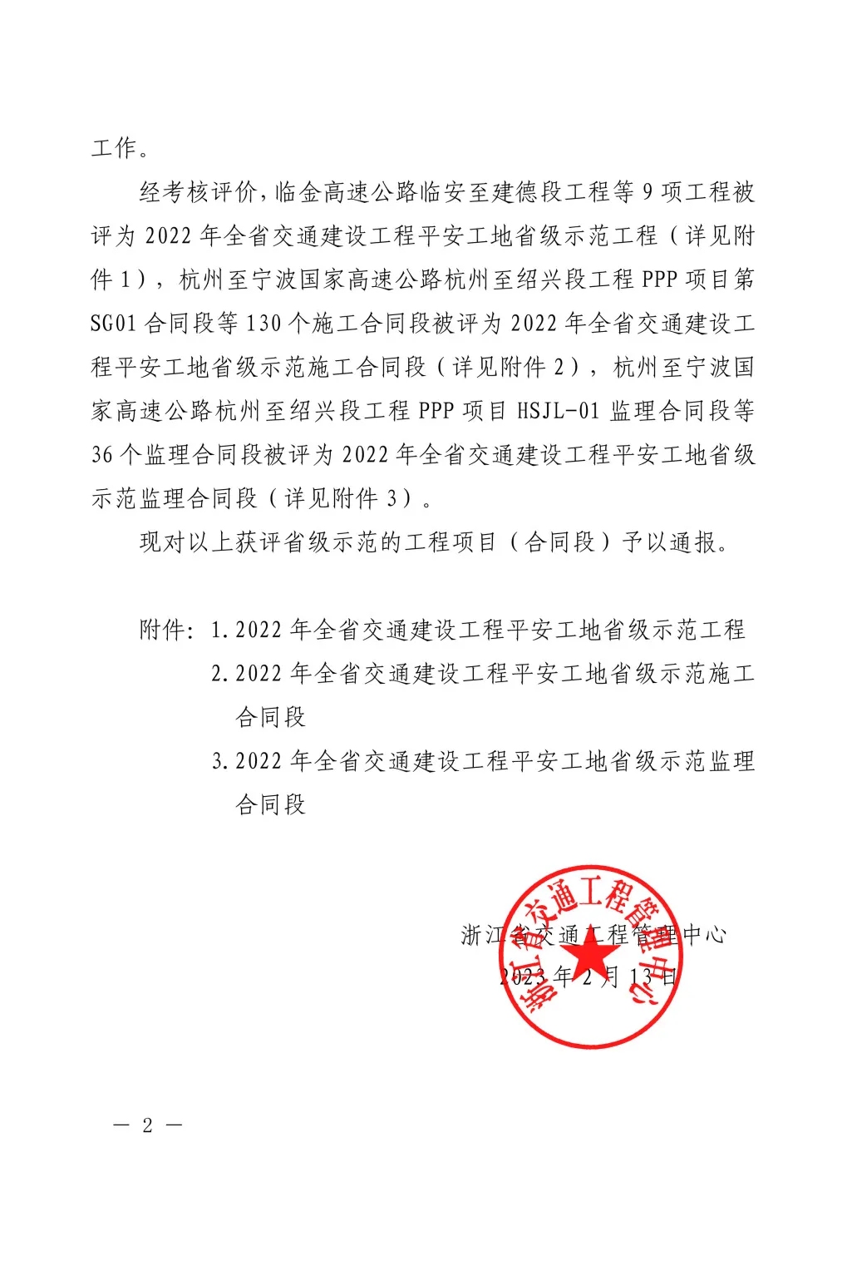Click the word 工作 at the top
114,148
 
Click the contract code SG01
113,323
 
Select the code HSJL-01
558,410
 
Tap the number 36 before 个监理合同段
102,454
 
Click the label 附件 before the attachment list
163,630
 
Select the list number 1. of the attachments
219,630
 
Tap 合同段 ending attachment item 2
271,717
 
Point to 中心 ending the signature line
704,935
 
